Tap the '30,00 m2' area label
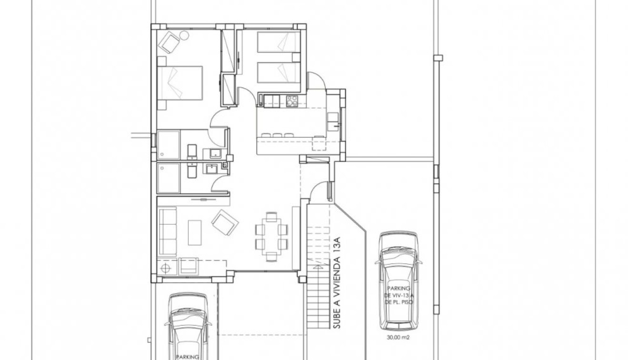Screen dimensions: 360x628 click(399, 338)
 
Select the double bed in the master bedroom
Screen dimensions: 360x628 click(180, 83)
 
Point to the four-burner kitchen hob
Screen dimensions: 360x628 click(291, 100)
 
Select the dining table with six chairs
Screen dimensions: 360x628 click(271, 237)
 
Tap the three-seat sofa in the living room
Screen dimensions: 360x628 click(167, 231)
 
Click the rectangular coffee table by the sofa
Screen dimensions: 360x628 click(194, 232)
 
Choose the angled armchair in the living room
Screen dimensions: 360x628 click(225, 223)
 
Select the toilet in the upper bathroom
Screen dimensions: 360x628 click(192, 151)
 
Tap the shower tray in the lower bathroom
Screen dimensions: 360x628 click(169, 178)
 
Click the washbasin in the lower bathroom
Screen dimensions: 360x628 click(210, 168)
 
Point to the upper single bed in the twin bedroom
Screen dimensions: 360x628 click(279, 42)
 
